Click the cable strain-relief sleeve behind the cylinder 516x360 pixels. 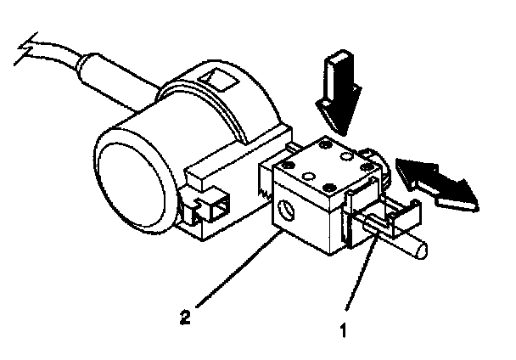click(102, 70)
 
